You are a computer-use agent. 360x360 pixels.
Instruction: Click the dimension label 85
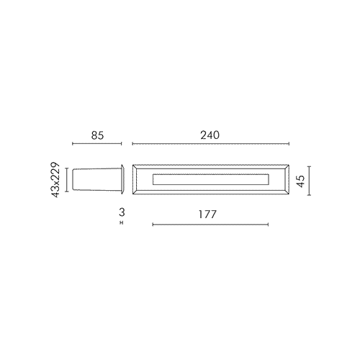pos(97,135)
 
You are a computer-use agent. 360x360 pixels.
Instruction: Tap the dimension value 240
pos(210,135)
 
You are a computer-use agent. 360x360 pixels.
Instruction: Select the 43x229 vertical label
pos(55,180)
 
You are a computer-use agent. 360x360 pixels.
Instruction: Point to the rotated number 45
pos(300,181)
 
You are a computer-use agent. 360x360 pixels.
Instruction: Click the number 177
pos(208,215)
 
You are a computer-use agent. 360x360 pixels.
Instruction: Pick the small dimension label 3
pos(122,212)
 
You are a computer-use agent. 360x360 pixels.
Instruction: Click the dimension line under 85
pos(97,144)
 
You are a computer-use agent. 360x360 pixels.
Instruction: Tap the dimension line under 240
pos(211,144)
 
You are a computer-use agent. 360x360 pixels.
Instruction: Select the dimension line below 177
pos(210,225)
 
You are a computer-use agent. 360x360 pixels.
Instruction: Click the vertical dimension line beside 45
pos(309,181)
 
